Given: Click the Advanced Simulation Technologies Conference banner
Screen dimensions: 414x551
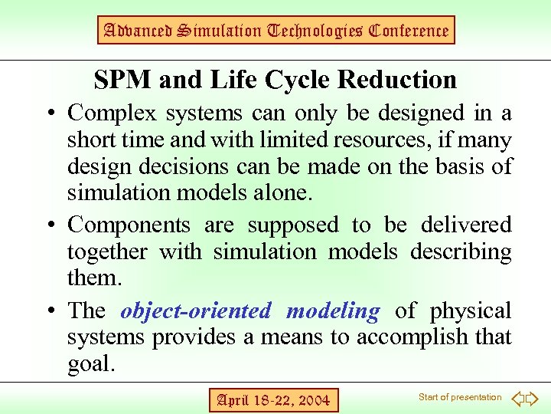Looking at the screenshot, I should (275, 31).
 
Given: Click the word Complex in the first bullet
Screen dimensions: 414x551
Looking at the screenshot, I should (115, 113).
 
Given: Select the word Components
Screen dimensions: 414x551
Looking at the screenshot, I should (129, 225).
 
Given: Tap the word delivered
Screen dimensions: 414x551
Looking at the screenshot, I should (466, 225).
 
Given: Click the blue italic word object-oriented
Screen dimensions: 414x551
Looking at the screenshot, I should (196, 311).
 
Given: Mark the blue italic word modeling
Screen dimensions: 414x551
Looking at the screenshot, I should (332, 311).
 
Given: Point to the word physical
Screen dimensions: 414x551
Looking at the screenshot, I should (470, 311).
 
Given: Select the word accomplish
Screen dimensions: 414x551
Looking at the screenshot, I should (399, 337).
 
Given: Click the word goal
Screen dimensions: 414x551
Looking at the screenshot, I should (90, 364).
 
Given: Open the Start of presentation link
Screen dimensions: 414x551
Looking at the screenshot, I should (460, 397).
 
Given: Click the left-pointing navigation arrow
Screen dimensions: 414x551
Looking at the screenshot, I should (517, 399).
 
